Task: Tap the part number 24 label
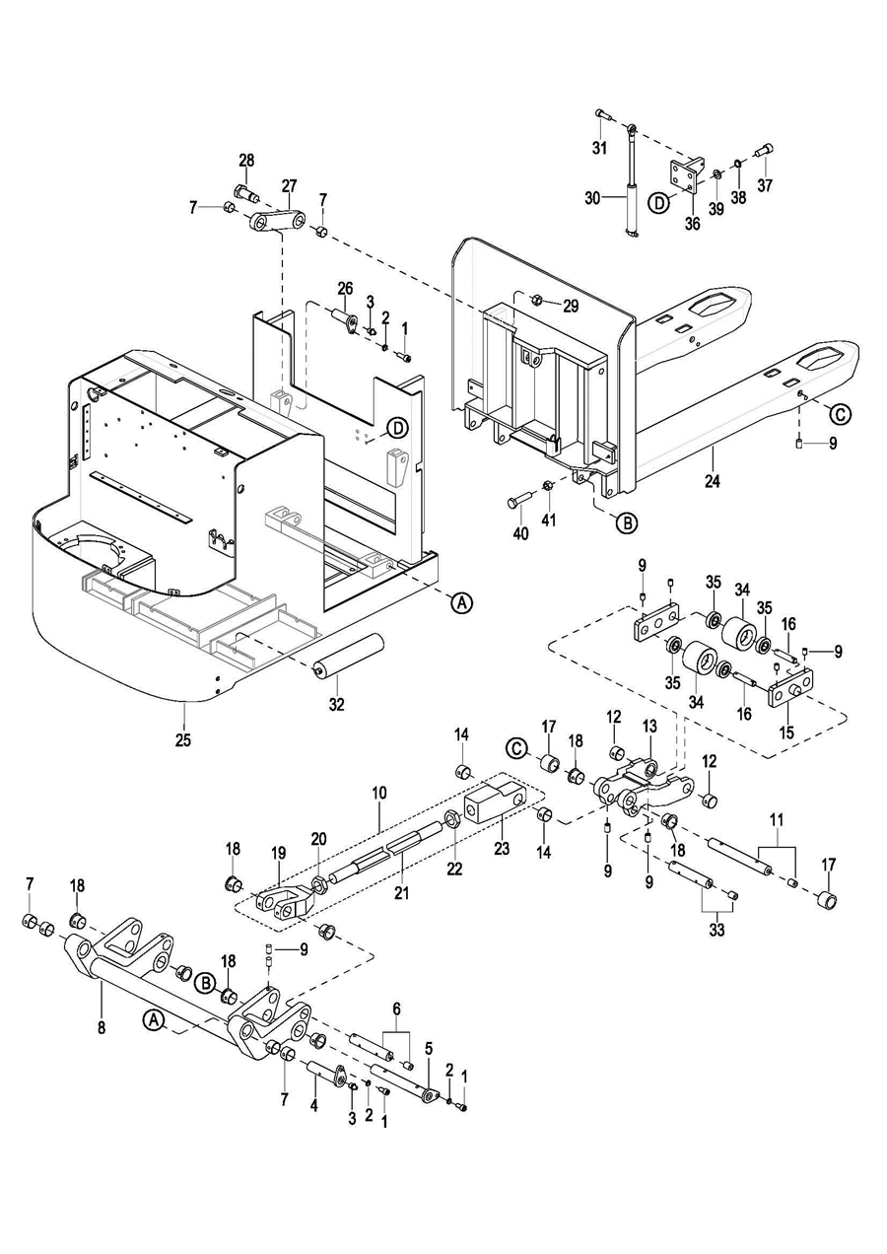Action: coord(713,482)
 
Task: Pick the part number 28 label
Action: coord(246,160)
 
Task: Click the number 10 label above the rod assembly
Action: coord(380,793)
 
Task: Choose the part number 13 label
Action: coord(648,726)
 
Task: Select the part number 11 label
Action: coord(776,820)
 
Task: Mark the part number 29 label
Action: coord(571,306)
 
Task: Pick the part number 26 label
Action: coord(345,288)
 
